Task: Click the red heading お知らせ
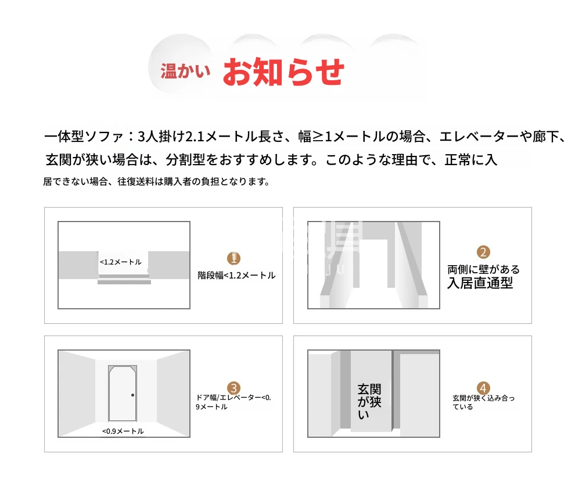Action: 283,72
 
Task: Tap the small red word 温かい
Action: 185,71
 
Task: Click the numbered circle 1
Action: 233,258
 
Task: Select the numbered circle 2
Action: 483,252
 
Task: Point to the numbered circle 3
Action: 233,388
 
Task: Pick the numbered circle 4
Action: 483,388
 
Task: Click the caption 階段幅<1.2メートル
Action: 236,276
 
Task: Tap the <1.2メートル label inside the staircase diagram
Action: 121,262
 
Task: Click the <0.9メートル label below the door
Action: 123,431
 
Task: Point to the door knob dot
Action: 133,395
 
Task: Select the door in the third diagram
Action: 123,393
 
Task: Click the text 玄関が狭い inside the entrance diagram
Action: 369,402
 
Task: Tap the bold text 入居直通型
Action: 480,283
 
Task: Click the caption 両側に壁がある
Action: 483,269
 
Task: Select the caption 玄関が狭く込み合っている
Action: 483,402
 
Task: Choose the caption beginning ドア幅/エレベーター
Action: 233,402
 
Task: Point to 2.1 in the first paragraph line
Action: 195,137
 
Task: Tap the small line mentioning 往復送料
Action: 157,181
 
